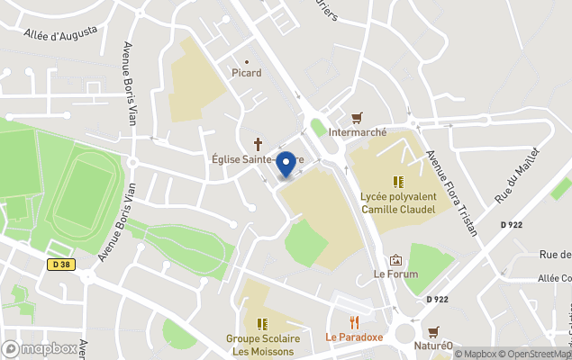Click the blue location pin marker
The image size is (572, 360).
(286, 165)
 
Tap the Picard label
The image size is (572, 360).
(246, 73)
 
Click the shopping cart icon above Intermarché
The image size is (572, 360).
(358, 118)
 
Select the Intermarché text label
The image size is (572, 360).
(358, 131)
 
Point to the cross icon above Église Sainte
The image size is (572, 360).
(259, 144)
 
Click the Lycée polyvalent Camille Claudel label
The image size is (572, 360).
(397, 202)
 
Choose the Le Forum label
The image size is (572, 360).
(395, 274)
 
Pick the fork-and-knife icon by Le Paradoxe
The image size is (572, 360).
(354, 321)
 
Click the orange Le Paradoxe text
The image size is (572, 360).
(354, 337)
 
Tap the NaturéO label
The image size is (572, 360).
(432, 345)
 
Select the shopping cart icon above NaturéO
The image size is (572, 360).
(433, 330)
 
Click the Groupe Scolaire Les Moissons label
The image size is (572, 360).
(261, 345)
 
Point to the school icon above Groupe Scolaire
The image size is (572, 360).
(262, 323)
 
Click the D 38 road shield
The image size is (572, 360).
(59, 264)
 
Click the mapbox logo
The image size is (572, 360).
(40, 348)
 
